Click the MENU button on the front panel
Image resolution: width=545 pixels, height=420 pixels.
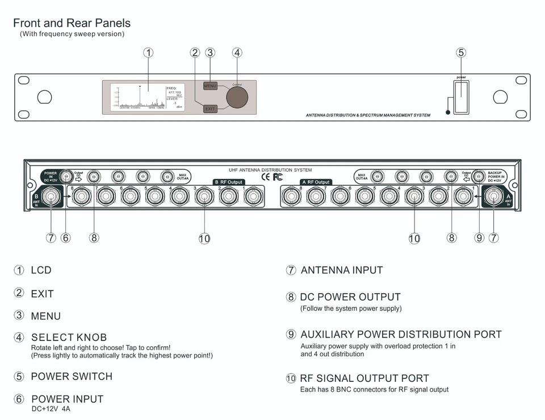(211, 86)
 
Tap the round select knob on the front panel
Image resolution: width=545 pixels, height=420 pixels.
(237, 97)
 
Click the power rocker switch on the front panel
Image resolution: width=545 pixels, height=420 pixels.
(461, 97)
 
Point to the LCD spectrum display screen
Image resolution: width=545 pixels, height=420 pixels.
(139, 97)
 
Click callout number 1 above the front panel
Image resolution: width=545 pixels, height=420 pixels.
(148, 53)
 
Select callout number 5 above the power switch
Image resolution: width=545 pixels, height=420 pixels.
(461, 53)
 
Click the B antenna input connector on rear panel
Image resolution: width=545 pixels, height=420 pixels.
(51, 197)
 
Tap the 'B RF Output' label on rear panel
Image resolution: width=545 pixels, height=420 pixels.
(229, 182)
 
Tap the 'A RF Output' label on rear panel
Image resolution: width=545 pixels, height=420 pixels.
(316, 182)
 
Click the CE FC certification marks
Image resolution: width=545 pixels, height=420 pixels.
(271, 177)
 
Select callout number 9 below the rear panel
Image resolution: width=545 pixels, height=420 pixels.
(479, 238)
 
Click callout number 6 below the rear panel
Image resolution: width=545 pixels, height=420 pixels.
(66, 238)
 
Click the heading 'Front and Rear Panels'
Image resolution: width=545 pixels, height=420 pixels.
(72, 23)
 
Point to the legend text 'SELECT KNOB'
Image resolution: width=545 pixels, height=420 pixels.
(69, 338)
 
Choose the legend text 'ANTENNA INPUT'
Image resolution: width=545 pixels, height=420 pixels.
(342, 271)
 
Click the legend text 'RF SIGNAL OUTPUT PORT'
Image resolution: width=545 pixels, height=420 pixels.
(364, 379)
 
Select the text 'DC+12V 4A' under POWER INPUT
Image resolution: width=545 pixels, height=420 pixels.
(51, 409)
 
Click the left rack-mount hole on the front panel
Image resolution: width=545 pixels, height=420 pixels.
(44, 97)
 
